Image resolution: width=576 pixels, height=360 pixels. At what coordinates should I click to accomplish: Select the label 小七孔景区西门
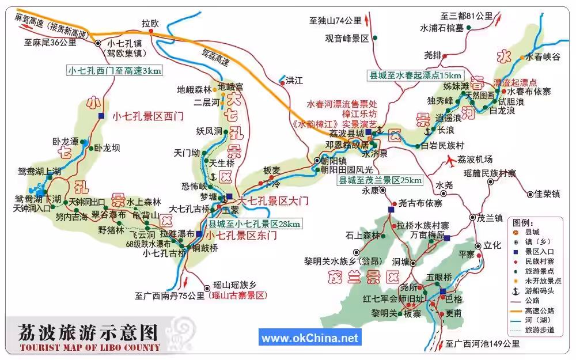[147, 116]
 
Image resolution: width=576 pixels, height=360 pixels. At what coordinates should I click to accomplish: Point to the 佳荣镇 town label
[547, 194]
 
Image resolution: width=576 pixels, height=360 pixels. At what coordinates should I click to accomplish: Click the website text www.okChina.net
[310, 338]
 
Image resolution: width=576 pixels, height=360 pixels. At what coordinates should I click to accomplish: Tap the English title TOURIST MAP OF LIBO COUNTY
[89, 347]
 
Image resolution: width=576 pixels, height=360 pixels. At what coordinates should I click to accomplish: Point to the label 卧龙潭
[65, 141]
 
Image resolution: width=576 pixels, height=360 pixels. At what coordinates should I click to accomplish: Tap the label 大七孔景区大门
[274, 201]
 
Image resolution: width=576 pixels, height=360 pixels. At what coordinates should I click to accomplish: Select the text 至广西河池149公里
[483, 344]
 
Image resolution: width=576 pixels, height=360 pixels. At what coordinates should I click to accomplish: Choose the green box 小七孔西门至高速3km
[115, 71]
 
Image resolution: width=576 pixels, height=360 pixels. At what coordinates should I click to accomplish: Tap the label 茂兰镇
[490, 218]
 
